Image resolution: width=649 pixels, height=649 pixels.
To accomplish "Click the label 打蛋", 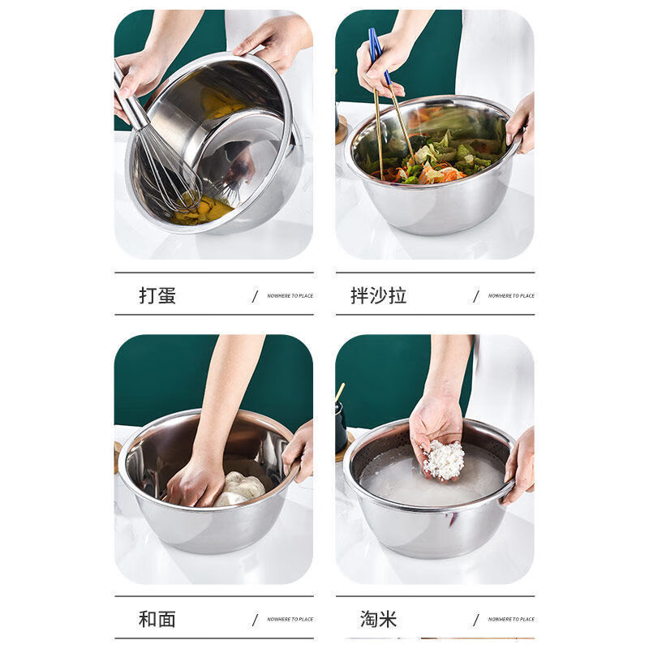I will click(157, 295).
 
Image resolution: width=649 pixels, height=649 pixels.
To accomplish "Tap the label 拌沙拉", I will click(378, 295).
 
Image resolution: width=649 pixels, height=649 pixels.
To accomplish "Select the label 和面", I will click(157, 619).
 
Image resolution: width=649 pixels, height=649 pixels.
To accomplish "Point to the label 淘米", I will click(378, 619).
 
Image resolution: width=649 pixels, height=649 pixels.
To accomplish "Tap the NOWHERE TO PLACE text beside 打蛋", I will click(290, 296).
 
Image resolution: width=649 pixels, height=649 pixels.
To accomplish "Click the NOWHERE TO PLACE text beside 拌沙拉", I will click(511, 296).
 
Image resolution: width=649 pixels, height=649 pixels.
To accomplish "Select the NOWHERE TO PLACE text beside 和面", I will click(290, 619).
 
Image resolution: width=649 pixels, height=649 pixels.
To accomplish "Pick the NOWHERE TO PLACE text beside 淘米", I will click(511, 619).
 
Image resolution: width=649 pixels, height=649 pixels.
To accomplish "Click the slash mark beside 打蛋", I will click(255, 296).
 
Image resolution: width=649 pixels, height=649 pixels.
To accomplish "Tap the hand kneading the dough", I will click(195, 483).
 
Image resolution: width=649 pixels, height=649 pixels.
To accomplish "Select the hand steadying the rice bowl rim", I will click(519, 466).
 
